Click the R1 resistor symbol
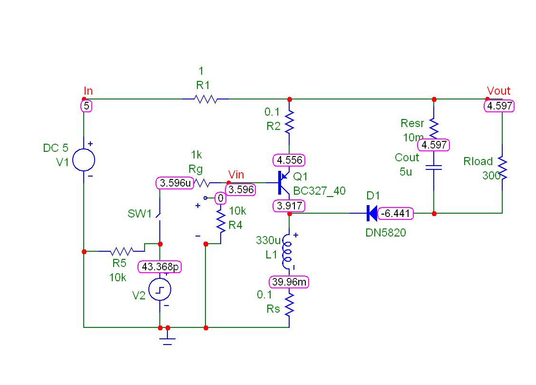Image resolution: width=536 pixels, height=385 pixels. pyautogui.click(x=205, y=99)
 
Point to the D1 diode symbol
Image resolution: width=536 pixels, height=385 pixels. pyautogui.click(x=372, y=214)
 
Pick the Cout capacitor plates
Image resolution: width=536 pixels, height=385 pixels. pyautogui.click(x=434, y=168)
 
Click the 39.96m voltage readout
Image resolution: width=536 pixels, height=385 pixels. pyautogui.click(x=289, y=282)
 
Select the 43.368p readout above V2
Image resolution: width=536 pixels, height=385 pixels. pyautogui.click(x=159, y=267)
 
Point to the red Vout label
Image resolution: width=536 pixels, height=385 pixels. pyautogui.click(x=498, y=91)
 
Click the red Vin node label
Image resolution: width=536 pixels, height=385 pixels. pyautogui.click(x=236, y=175)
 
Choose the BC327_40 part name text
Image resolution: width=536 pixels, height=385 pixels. pyautogui.click(x=319, y=191)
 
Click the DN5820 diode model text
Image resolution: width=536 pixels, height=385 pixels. pyautogui.click(x=386, y=233)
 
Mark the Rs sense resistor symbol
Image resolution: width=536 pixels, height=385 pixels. pyautogui.click(x=289, y=305)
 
